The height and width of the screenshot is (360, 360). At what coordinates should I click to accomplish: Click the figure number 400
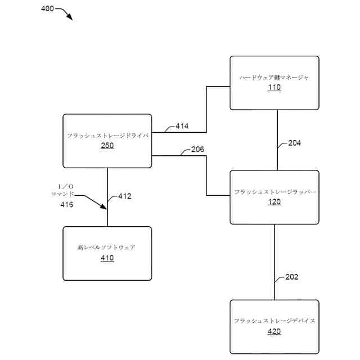[x=47, y=9]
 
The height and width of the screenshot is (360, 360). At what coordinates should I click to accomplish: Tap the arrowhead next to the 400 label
[x=70, y=16]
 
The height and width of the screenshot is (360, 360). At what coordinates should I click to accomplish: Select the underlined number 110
[x=274, y=88]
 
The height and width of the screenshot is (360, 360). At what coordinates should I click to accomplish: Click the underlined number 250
[x=107, y=146]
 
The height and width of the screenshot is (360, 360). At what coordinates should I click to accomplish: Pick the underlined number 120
[x=274, y=202]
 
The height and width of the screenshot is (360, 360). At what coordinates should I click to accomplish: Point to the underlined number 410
[x=107, y=258]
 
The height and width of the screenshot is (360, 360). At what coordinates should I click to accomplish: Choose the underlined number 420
[x=274, y=331]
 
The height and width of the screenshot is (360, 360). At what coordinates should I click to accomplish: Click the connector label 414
[x=182, y=126]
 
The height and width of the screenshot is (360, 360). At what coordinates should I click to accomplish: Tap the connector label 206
[x=197, y=150]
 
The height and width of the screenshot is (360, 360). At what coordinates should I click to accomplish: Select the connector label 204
[x=295, y=143]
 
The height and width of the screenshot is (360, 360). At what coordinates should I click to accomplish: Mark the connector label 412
[x=125, y=196]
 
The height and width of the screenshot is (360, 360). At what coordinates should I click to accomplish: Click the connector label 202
[x=292, y=277]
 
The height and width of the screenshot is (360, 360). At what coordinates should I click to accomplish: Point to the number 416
[x=67, y=205]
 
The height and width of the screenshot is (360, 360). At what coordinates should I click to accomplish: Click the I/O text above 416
[x=66, y=186]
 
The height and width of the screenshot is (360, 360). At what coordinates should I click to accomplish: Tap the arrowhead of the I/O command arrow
[x=103, y=206]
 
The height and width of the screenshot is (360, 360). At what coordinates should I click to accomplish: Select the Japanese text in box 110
[x=274, y=78]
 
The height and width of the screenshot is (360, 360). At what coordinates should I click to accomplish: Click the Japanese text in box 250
[x=107, y=136]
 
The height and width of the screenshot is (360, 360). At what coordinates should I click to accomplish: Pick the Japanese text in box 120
[x=274, y=192]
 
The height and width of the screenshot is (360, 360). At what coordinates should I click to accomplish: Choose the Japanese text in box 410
[x=106, y=247]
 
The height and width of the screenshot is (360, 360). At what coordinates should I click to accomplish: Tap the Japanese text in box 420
[x=274, y=321]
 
